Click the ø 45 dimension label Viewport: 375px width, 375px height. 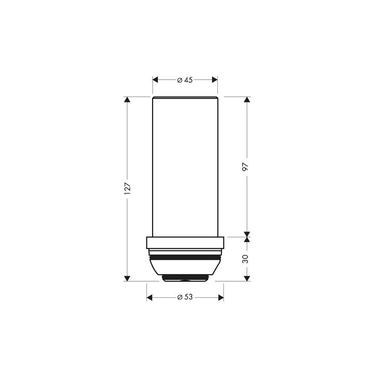point(185,80)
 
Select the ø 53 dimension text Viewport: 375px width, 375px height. point(185,297)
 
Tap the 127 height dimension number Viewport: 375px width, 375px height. point(128,189)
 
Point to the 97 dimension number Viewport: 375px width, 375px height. point(246,167)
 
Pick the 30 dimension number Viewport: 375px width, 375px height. point(246,259)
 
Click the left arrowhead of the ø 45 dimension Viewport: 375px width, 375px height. point(155,80)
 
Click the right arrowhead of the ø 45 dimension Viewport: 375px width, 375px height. point(215,80)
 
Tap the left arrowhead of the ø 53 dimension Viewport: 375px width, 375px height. point(149,298)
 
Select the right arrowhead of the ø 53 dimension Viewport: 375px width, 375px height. point(221,298)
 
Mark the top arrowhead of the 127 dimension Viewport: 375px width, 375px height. point(128,99)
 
